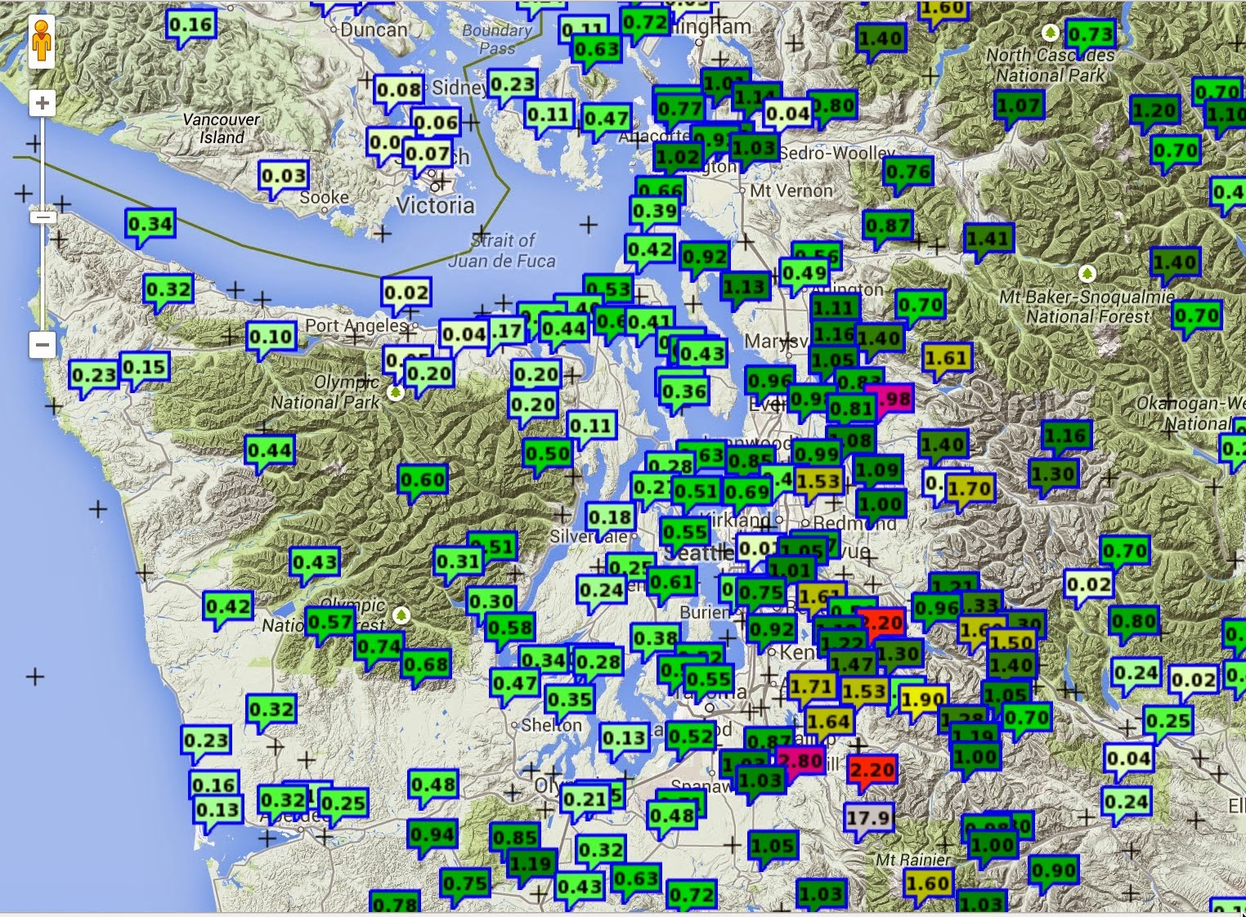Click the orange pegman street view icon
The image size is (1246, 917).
point(42,41)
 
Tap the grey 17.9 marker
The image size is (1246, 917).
point(868,817)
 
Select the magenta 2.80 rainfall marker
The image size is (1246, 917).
point(800,761)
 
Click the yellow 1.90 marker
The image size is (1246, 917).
point(924,700)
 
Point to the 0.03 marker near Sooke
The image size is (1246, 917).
point(284,176)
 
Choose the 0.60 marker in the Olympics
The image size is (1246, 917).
point(423,480)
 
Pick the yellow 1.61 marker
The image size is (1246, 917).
point(947,358)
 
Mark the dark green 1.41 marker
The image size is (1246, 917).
point(988,239)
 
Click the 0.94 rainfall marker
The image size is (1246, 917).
point(433,834)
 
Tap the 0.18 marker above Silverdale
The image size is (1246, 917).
point(610,517)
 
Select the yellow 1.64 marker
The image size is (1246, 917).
point(829,722)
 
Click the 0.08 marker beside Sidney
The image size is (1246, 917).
point(399,89)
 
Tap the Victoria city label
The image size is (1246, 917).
point(436,205)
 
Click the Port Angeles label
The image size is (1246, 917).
point(356,325)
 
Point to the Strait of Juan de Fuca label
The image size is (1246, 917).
point(502,251)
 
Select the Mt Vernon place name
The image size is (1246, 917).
point(791,190)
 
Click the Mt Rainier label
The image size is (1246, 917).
point(912,860)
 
